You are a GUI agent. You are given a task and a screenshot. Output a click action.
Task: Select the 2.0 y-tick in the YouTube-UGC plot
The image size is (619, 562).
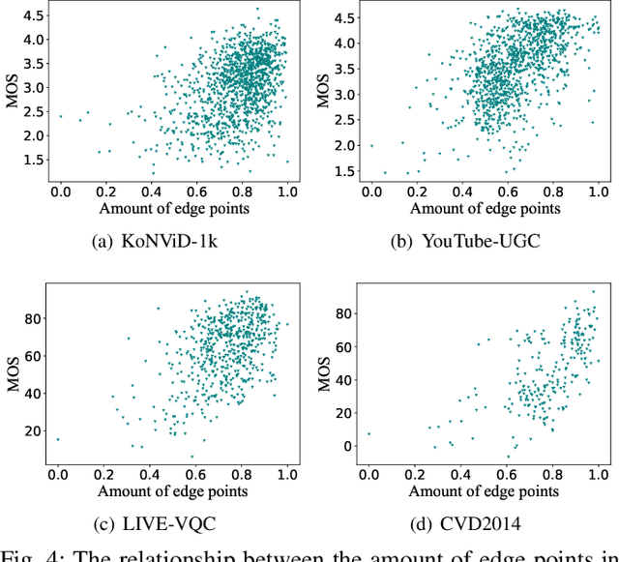(x=342, y=145)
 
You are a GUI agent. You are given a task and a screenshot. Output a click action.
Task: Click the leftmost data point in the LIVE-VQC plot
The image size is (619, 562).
(x=58, y=440)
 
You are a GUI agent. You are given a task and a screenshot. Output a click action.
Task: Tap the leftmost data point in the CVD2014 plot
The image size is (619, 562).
(x=368, y=434)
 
